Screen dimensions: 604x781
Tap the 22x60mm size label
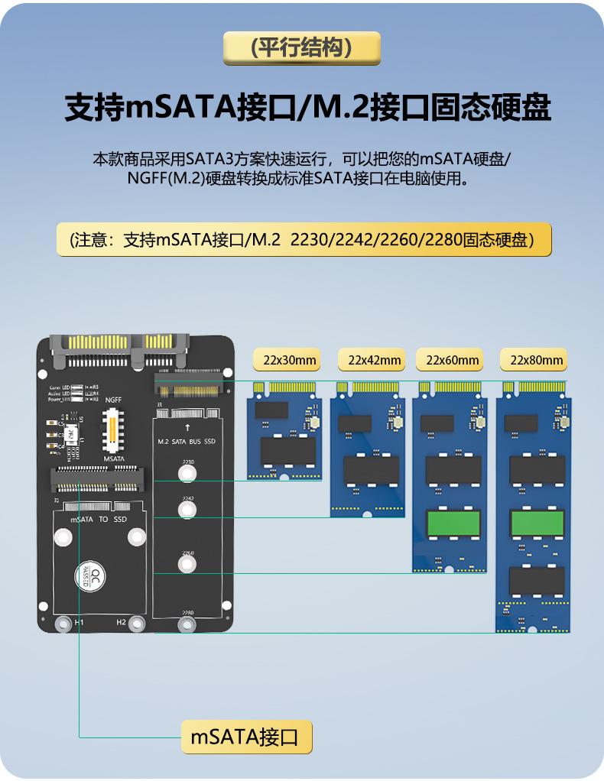453,360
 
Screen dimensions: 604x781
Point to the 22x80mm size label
537,360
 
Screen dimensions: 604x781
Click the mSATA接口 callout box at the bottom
246,737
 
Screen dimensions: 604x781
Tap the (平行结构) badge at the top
302,48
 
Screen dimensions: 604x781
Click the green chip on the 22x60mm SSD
453,523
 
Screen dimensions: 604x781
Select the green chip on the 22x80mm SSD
537,523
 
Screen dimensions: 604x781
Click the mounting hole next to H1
63,624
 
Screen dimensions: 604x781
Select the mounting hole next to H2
137,624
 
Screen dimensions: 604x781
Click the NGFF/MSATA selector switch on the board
114,429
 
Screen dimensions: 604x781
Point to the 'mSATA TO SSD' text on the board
99,519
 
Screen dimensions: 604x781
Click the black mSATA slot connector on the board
99,479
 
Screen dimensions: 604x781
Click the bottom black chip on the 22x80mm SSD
537,582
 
